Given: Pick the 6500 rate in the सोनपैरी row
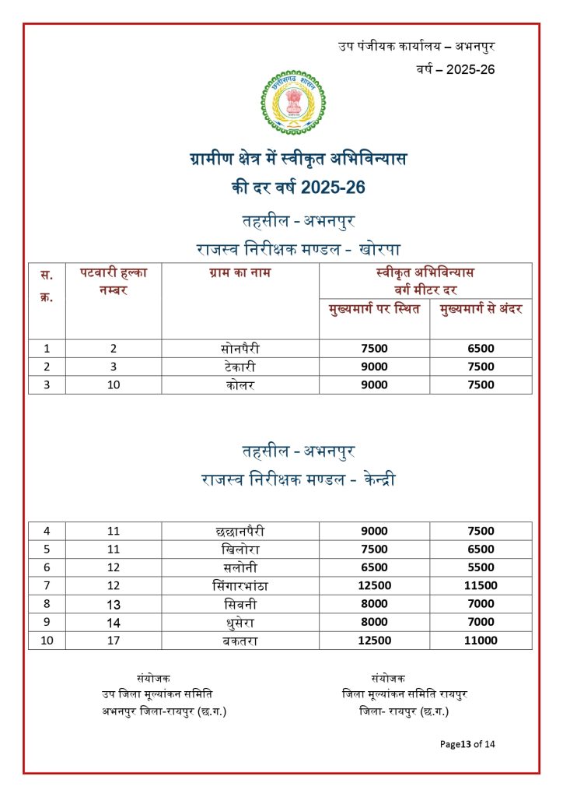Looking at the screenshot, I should [481, 349].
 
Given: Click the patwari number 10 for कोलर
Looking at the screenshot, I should [114, 384].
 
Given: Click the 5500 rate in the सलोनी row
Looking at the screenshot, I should [481, 567].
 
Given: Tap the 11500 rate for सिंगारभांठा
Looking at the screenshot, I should [481, 585].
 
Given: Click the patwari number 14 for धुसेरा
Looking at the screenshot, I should [114, 622].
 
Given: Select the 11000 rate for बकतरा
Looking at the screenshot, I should [481, 641].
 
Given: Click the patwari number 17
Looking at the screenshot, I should [114, 641].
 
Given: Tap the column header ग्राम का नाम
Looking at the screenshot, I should [240, 273].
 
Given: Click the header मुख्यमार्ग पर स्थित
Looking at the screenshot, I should [374, 310].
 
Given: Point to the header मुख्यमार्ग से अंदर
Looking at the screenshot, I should [481, 310].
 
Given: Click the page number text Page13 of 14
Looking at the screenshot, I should [467, 744].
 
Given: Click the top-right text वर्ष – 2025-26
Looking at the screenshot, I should [455, 69].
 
